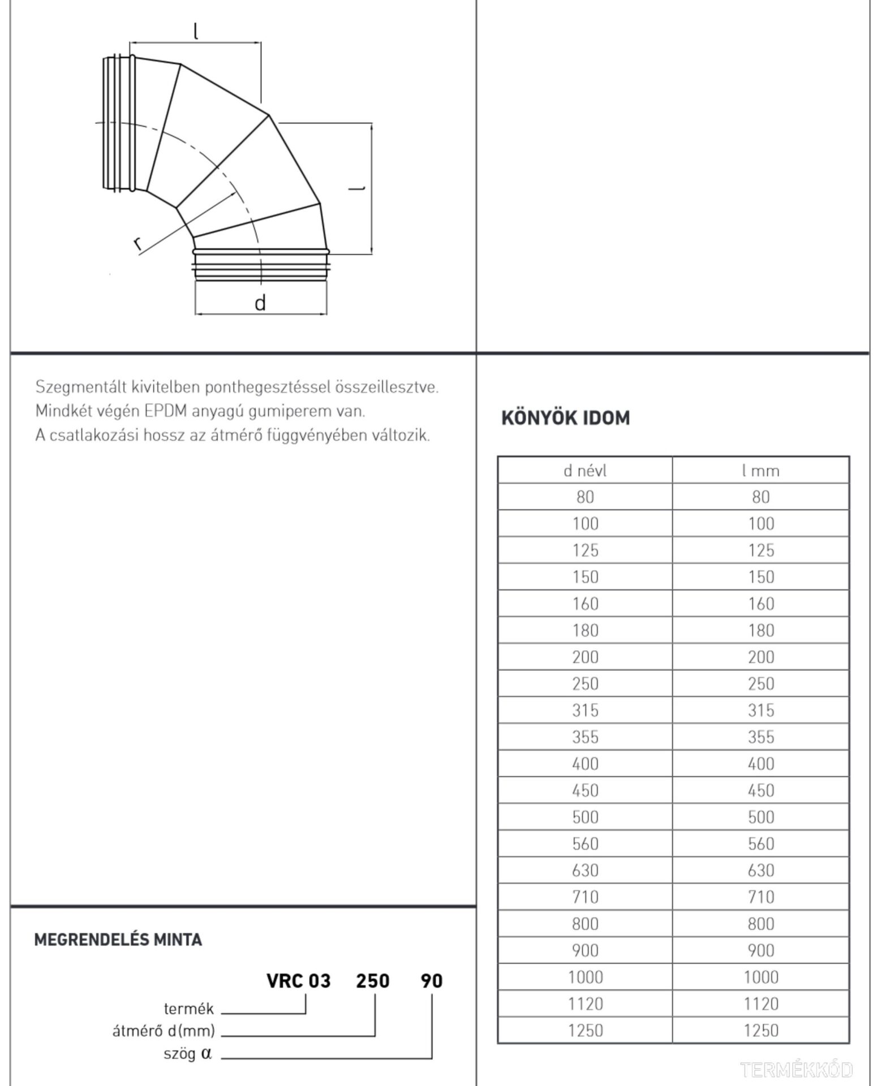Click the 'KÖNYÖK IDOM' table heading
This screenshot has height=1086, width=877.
pos(565,418)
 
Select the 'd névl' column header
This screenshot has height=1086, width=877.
pos(585,471)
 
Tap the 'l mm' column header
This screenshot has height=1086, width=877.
pos(760,471)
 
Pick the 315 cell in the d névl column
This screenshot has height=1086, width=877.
pos(585,710)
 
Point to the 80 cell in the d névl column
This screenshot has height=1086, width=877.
pos(585,497)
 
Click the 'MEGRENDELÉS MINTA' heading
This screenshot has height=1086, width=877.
pos(118,940)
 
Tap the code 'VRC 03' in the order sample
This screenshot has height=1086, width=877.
pos(298,981)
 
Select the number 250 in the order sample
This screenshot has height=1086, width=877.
pos(372,981)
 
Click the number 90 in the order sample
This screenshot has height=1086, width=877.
pos(431,981)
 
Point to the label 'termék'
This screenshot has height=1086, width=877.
pos(188,1009)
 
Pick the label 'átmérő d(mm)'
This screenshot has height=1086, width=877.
pos(164,1031)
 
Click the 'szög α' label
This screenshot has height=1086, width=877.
pos(187,1054)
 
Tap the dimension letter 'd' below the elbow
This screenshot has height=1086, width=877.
pos(260,304)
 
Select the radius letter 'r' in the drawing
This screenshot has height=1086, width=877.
pos(137,244)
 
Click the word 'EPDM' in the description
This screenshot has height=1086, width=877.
pos(165,411)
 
